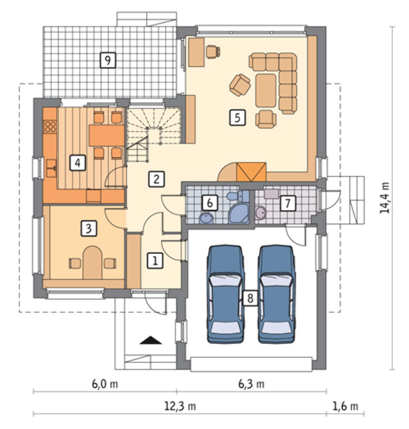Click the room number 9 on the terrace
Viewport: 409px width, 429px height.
point(108,60)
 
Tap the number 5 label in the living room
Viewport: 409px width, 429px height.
point(237,118)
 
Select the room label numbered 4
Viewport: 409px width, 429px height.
point(78,163)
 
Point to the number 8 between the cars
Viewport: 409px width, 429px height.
point(250,298)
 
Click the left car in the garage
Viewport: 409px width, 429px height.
point(225,294)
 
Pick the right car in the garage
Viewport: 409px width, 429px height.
point(277,294)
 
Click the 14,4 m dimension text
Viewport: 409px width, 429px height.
point(385,197)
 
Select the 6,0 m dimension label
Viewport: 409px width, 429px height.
point(105,384)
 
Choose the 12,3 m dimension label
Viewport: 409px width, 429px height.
point(180,406)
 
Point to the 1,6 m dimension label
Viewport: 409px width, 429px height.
point(345,406)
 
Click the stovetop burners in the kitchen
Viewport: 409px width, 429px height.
point(50,127)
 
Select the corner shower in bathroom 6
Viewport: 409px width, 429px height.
point(239,213)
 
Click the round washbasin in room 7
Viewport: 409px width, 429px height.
point(261,213)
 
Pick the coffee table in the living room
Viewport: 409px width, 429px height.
point(266,90)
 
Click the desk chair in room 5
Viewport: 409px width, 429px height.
point(213,52)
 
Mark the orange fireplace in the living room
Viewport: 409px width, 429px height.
point(251,172)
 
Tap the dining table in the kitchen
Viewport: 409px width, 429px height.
point(107,135)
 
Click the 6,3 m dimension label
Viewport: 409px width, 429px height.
point(251,384)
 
